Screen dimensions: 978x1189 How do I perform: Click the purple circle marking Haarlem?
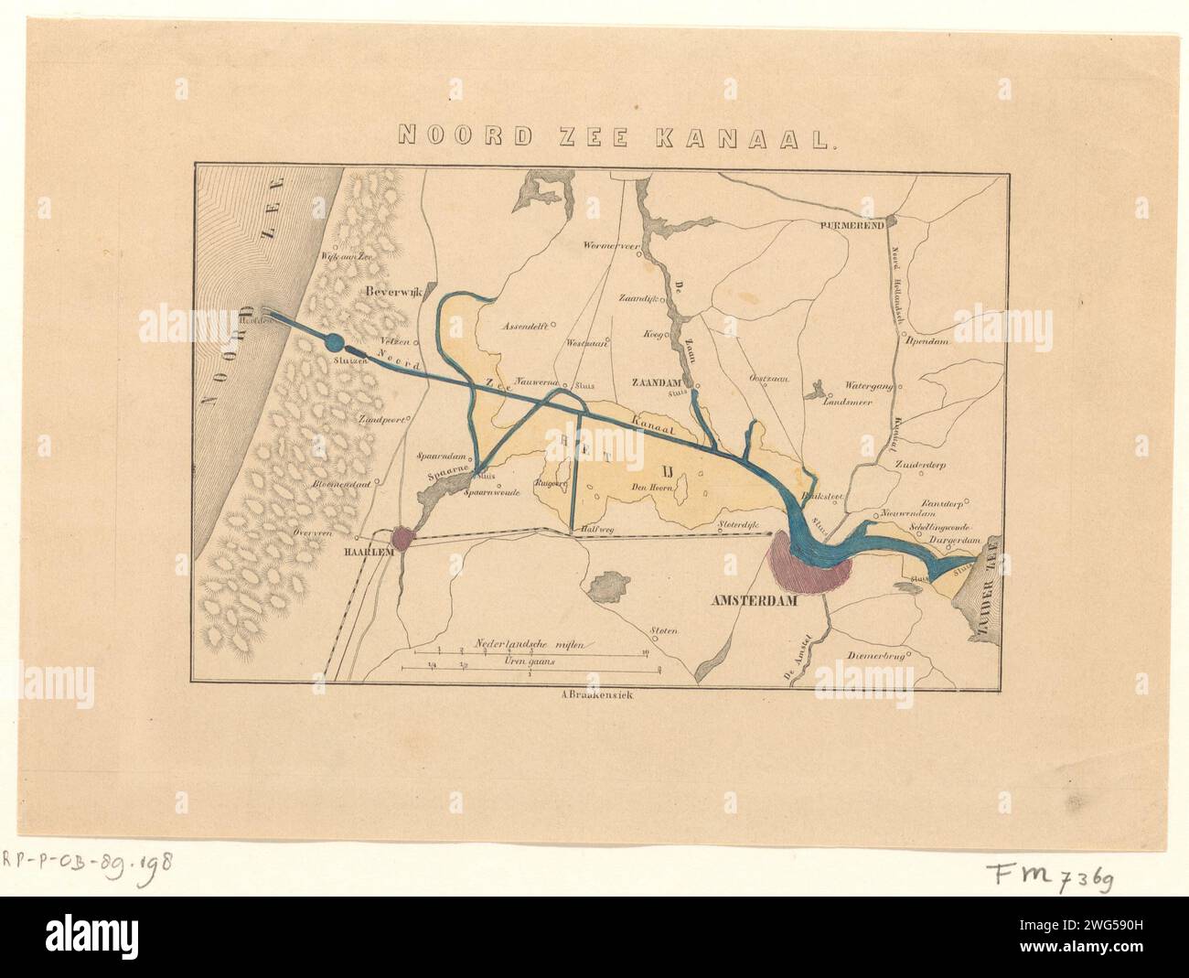point(403,538)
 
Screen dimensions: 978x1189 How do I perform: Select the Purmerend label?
point(852,223)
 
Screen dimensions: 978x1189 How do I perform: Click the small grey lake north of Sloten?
point(608,586)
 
